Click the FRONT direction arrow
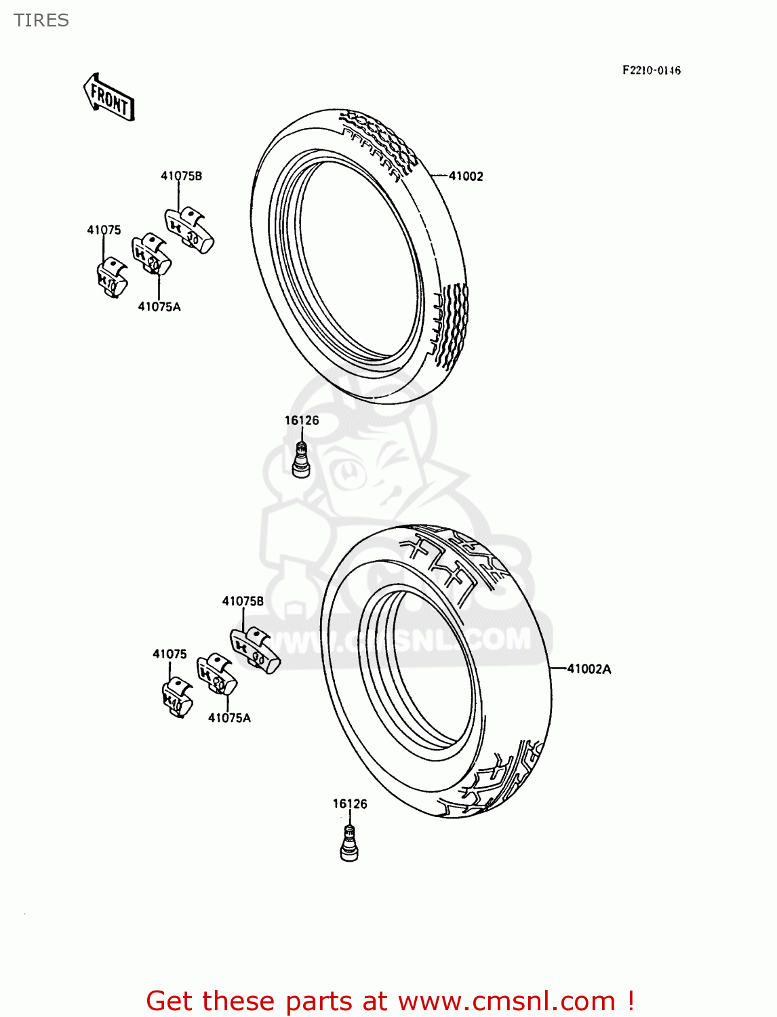pyautogui.click(x=109, y=98)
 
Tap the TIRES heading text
pyautogui.click(x=41, y=20)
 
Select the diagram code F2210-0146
pyautogui.click(x=651, y=70)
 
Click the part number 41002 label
pyautogui.click(x=466, y=176)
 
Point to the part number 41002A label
pyautogui.click(x=589, y=669)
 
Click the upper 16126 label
pyautogui.click(x=302, y=420)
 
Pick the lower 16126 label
pyautogui.click(x=350, y=803)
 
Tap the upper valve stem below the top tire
pyautogui.click(x=301, y=458)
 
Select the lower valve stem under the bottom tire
pyautogui.click(x=348, y=844)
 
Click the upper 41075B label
pyautogui.click(x=181, y=176)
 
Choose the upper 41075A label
pyautogui.click(x=159, y=306)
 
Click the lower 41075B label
pyautogui.click(x=243, y=601)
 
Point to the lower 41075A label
pyautogui.click(x=229, y=717)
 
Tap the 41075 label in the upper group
pyautogui.click(x=104, y=230)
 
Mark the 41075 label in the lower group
pyautogui.click(x=170, y=654)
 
